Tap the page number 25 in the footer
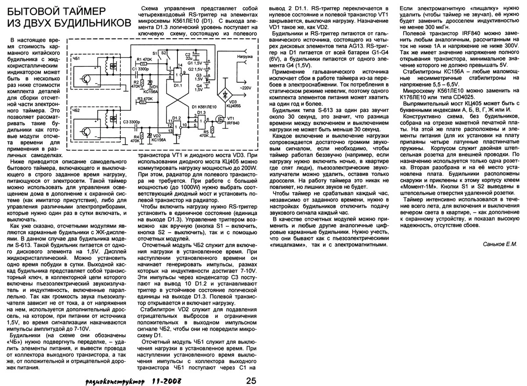point(251,380)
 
